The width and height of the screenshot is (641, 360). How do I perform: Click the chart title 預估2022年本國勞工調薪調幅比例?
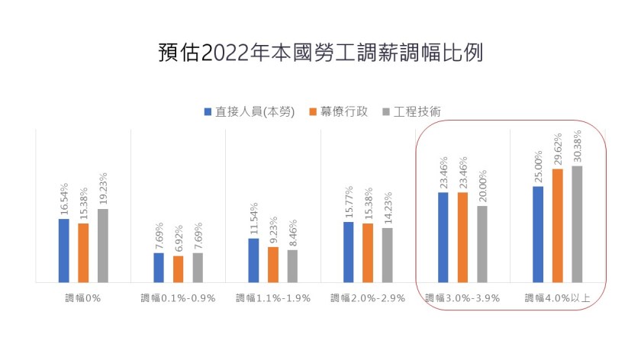(320, 53)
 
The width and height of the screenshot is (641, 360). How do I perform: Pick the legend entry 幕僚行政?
(338, 111)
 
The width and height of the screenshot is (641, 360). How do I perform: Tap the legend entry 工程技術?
(416, 111)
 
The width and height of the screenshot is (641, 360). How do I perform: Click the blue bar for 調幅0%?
(63, 250)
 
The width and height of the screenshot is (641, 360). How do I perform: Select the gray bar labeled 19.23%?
(102, 245)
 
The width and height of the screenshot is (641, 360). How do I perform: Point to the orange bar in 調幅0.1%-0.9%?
(178, 268)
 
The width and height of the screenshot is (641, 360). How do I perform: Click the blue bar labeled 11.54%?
(253, 260)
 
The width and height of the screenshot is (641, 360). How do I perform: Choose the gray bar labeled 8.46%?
(292, 265)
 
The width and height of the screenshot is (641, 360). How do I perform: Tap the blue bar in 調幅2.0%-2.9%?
(349, 252)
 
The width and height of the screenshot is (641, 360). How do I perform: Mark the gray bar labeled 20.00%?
(482, 243)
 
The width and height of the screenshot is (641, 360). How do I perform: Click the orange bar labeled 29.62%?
(557, 225)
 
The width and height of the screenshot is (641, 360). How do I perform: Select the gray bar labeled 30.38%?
(577, 223)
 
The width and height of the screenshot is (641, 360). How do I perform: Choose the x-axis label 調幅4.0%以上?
(557, 298)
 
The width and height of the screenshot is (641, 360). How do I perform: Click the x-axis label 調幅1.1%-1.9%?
(273, 298)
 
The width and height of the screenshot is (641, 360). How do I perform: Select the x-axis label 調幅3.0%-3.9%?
(462, 298)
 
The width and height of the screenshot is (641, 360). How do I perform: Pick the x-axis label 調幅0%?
(82, 298)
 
